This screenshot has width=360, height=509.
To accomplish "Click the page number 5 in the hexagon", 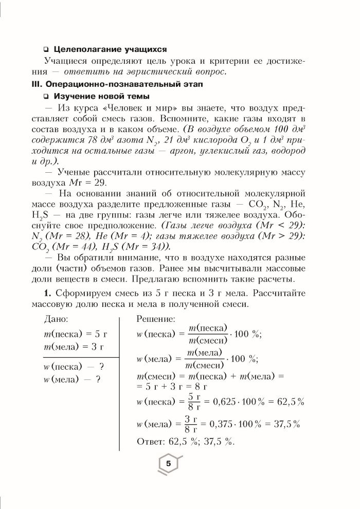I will click(168, 464).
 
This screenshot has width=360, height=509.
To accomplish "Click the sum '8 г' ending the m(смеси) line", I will click(200, 385).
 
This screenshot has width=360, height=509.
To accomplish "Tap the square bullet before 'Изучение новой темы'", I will click(46, 96).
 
